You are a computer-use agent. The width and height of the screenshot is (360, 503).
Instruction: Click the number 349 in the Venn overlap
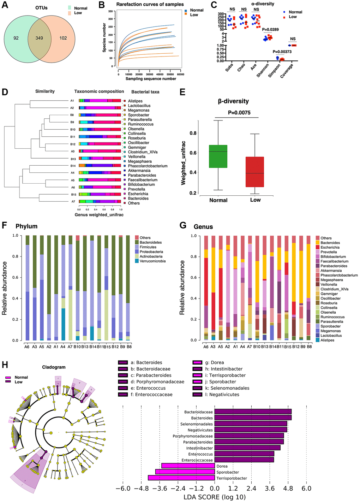click(39, 38)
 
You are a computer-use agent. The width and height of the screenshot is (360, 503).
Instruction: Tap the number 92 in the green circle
click(16, 38)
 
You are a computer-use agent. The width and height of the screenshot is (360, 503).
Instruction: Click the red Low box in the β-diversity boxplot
click(255, 172)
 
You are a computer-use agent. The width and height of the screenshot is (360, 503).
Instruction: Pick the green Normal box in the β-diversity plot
click(218, 156)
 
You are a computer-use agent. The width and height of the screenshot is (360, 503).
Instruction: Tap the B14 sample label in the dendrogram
click(73, 166)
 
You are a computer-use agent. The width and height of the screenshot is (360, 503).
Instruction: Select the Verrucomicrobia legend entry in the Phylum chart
click(152, 261)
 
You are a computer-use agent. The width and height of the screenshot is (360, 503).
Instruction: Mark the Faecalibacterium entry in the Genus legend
click(334, 261)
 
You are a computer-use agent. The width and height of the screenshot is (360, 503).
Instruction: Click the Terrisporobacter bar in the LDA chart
click(181, 478)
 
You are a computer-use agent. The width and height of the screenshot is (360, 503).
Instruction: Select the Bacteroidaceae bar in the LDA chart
click(253, 412)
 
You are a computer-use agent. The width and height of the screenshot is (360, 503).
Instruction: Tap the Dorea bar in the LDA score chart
click(188, 466)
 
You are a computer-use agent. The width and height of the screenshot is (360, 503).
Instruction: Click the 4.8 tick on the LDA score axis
click(288, 489)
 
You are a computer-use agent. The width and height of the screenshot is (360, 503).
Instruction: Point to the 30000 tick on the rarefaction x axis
click(149, 74)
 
